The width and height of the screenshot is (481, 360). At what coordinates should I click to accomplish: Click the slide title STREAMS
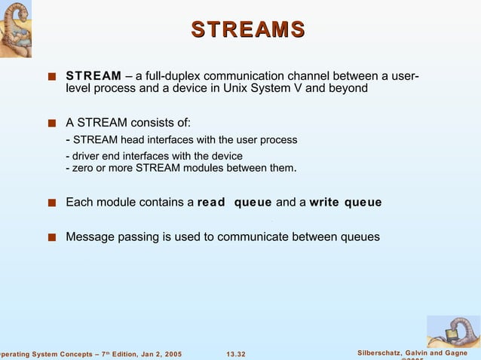click(247, 29)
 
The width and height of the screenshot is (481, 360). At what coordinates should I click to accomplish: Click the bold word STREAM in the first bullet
click(93, 76)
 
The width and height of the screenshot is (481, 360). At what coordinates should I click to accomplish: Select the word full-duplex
click(173, 76)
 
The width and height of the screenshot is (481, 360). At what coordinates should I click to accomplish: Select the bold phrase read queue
click(234, 203)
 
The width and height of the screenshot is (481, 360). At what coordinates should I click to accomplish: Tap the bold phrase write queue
click(345, 203)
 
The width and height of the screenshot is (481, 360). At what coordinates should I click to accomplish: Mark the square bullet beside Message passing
click(51, 238)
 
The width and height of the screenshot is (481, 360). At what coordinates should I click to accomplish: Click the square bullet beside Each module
click(51, 203)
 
